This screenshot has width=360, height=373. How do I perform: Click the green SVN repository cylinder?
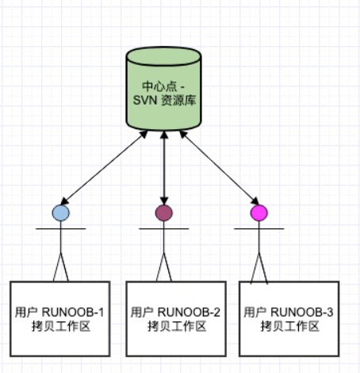click(164, 89)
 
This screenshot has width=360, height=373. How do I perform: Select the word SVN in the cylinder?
click(145, 101)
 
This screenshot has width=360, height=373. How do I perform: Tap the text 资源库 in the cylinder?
click(178, 101)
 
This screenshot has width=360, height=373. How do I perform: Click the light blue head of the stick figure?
click(61, 213)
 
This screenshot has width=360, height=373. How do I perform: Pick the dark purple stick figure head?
click(164, 213)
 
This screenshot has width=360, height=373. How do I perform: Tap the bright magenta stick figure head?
click(259, 213)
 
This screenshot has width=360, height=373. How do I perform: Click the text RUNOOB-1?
click(73, 313)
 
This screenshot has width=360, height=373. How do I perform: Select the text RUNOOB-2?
click(189, 313)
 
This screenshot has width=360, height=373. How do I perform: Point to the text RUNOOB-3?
click(302, 313)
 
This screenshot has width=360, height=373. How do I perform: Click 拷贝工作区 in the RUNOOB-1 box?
click(61, 326)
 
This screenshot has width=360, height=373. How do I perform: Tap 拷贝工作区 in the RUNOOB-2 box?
click(177, 326)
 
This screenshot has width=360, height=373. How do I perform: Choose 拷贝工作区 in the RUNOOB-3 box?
click(290, 326)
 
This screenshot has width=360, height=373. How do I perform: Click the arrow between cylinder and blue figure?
click(104, 168)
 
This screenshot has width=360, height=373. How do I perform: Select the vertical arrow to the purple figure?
click(164, 168)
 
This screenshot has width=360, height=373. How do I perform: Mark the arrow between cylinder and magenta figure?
click(219, 168)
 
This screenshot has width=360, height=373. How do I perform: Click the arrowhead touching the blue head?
click(64, 201)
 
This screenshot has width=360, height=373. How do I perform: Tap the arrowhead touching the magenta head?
click(255, 201)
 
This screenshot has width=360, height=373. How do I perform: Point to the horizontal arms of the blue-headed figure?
click(61, 229)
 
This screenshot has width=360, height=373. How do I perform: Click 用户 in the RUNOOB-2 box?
click(142, 313)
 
